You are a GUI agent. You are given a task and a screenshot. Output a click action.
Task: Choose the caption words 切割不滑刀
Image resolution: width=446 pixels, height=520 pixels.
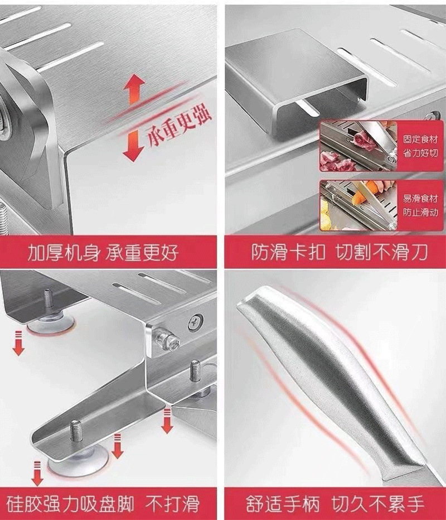[381, 253]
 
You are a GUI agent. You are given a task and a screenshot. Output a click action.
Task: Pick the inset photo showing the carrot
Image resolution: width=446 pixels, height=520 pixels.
[353, 203]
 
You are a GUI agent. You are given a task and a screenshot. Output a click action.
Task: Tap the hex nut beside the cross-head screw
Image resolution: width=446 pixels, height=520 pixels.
[166, 338]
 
